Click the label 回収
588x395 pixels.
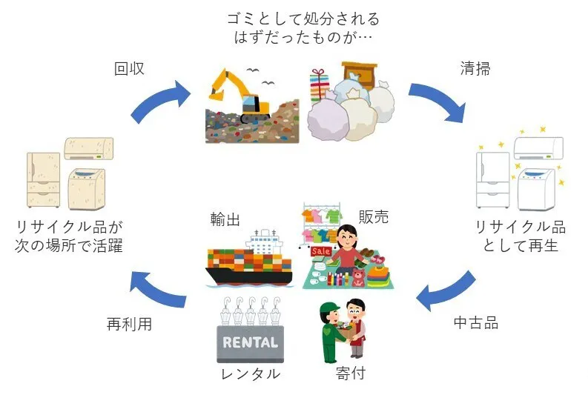pyautogui.click(x=129, y=69)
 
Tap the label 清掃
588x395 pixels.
pyautogui.click(x=475, y=69)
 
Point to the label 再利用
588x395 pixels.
pyautogui.click(x=129, y=325)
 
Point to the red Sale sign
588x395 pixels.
pyautogui.click(x=321, y=251)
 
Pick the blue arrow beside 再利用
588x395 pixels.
pyautogui.click(x=158, y=288)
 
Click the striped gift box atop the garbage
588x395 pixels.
pyautogui.click(x=320, y=83)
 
